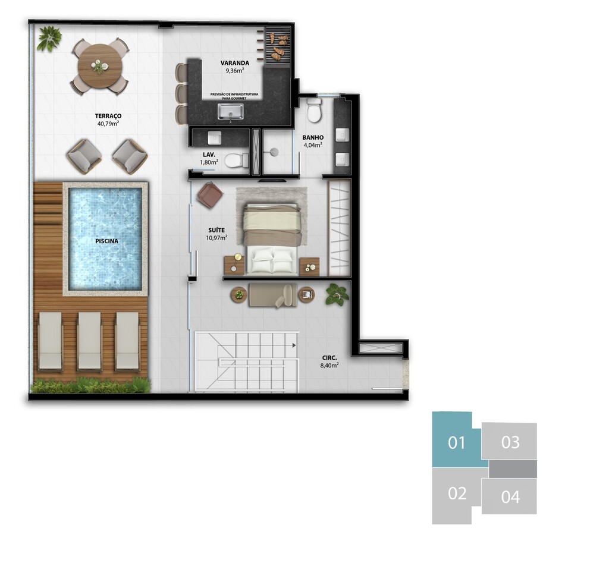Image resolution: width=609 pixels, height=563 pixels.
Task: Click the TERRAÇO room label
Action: [108, 116]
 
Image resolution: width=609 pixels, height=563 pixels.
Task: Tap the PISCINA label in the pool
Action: [107, 241]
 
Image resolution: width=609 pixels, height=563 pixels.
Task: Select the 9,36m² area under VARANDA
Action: [234, 71]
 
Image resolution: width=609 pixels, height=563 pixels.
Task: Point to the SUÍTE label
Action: [216, 230]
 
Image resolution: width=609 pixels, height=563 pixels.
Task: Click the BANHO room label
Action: [313, 137]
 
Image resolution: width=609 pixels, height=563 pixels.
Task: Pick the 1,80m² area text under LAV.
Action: [209, 162]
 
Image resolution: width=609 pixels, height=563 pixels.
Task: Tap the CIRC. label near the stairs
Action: [329, 358]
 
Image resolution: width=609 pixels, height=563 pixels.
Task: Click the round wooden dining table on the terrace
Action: [100, 67]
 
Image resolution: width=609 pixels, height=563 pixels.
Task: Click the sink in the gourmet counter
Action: [231, 112]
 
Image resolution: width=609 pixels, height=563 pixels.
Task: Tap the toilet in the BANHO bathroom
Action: [314, 109]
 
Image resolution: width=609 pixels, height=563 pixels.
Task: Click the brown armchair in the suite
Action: [210, 194]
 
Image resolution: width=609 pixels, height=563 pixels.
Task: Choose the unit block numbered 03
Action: [509, 442]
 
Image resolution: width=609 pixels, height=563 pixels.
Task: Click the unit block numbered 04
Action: [510, 496]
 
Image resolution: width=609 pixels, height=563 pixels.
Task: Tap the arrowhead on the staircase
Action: [294, 345]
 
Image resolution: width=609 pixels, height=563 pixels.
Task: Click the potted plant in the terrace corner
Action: [49, 39]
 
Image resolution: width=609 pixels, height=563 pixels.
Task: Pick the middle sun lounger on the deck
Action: [89, 341]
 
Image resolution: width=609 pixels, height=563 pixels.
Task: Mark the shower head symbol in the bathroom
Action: [274, 152]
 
